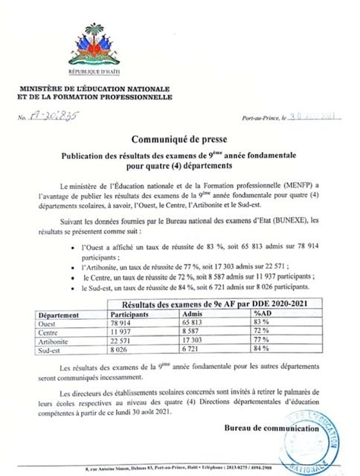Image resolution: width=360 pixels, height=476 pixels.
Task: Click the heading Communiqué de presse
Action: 179,138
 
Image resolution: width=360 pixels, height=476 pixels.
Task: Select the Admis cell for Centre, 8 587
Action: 193,330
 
